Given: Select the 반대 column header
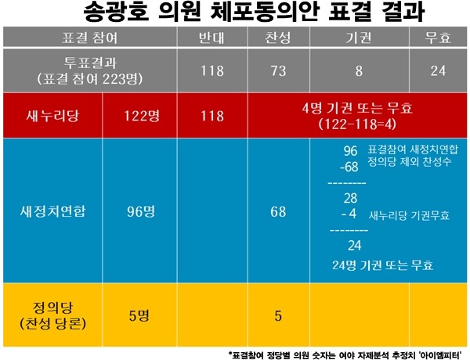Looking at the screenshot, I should pyautogui.click(x=212, y=38).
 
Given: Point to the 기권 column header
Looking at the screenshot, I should pyautogui.click(x=358, y=38).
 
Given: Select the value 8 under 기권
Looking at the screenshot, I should pyautogui.click(x=358, y=70).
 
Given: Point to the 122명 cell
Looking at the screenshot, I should pyautogui.click(x=142, y=116).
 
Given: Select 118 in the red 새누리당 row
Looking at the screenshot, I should pyautogui.click(x=212, y=116).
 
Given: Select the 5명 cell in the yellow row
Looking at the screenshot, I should pyautogui.click(x=142, y=315).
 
